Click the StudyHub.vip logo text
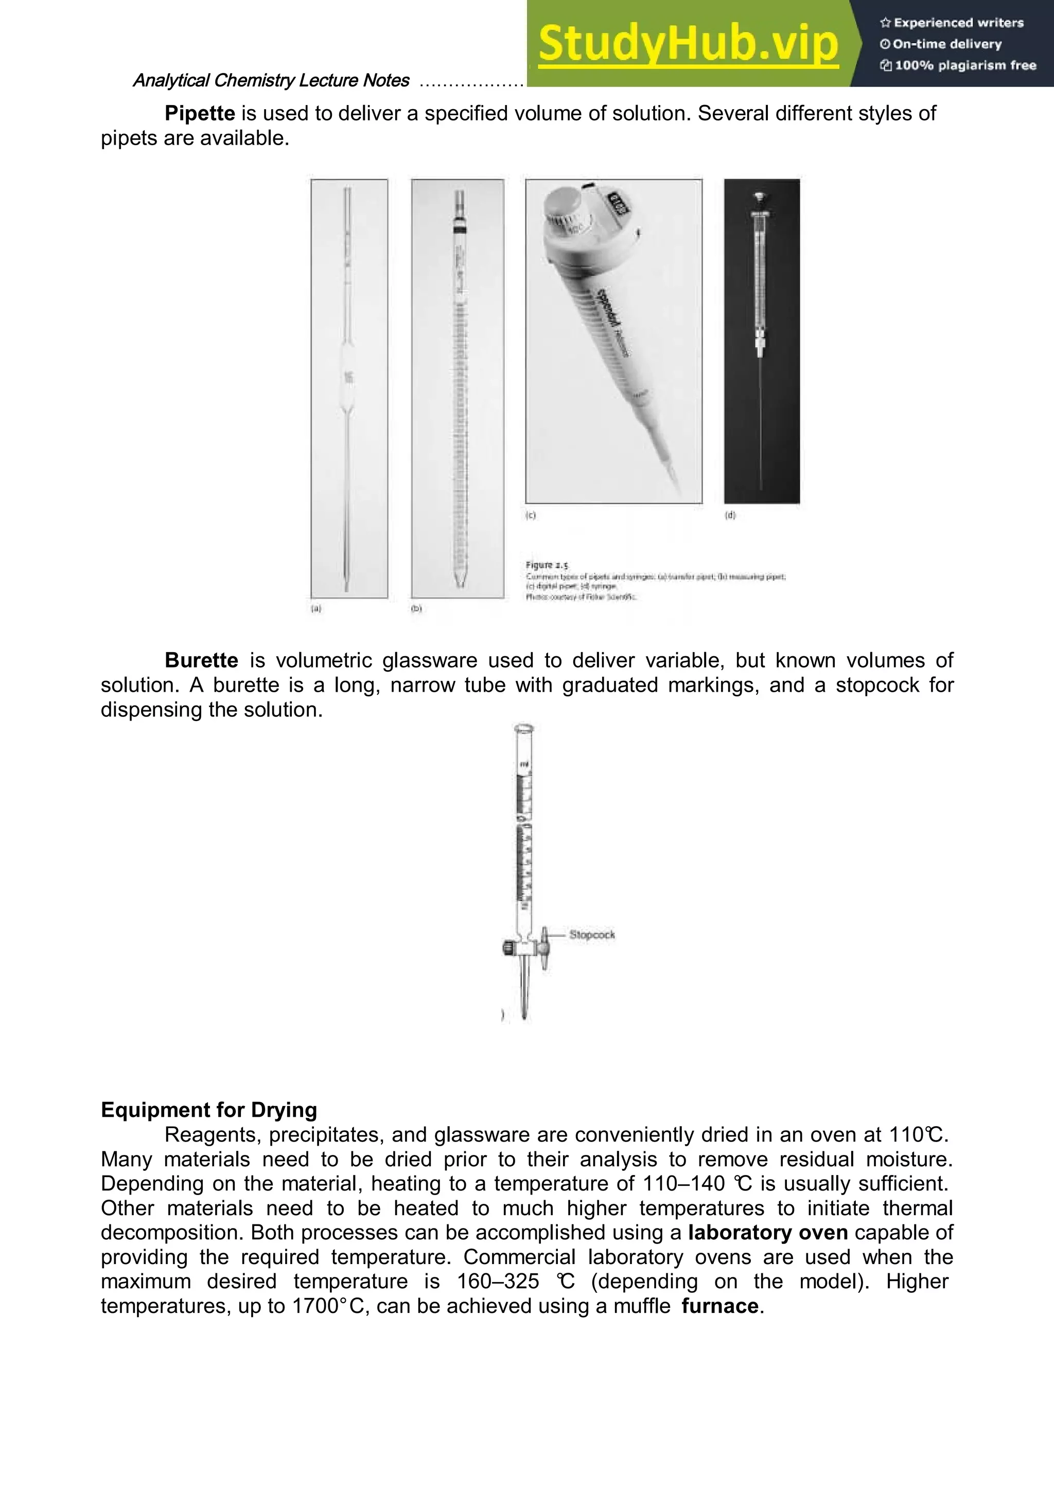[x=689, y=44]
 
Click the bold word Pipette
[x=199, y=114]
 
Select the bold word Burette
[x=201, y=660]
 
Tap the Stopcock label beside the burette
[x=592, y=935]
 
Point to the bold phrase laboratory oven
[x=768, y=1233]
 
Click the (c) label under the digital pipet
[x=531, y=515]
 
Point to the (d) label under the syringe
[x=730, y=515]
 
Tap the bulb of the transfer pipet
[x=349, y=377]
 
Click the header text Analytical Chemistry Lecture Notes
[x=271, y=80]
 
